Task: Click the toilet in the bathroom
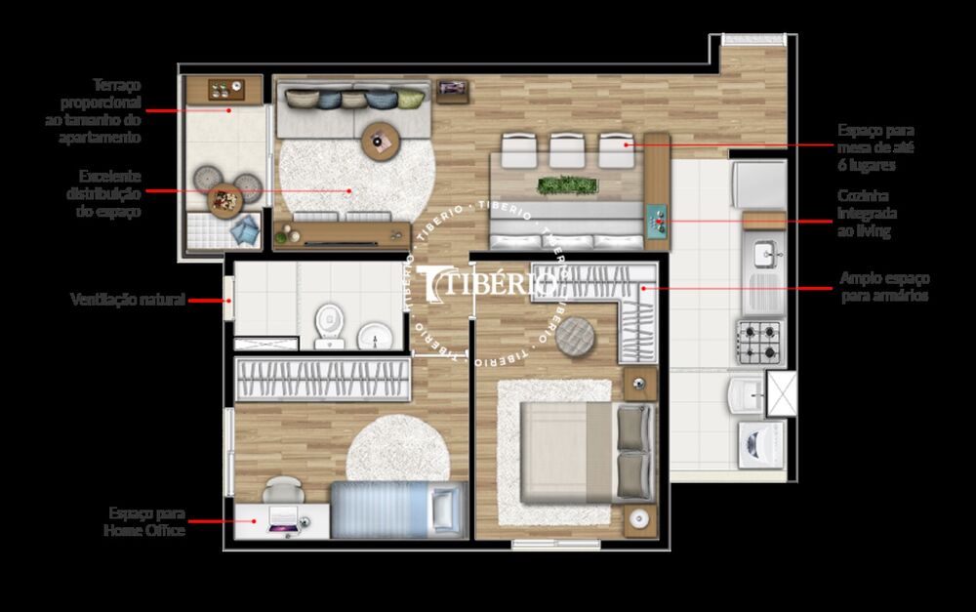click(329, 323)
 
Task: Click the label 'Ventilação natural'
click(127, 300)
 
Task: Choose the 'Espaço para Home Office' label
click(144, 521)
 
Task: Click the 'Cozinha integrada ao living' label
click(867, 214)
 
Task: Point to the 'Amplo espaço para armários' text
click(884, 286)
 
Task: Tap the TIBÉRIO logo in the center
click(488, 284)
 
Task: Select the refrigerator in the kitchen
click(759, 184)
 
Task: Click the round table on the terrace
click(224, 198)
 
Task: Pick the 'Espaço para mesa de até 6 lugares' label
click(875, 147)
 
